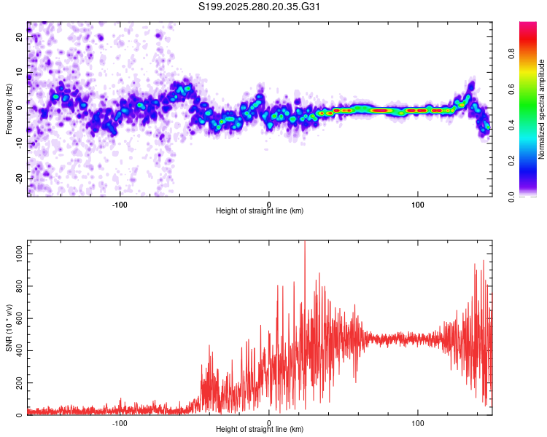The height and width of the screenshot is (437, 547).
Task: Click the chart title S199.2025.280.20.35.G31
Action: tap(260, 7)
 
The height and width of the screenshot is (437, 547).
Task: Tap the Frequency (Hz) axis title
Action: tap(9, 109)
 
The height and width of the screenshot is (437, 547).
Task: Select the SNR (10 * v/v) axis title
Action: tap(9, 328)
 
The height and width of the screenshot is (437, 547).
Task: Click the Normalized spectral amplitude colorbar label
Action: tap(542, 109)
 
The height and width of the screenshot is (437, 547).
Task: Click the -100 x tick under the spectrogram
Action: tap(120, 203)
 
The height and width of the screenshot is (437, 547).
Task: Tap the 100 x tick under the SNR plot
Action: tap(418, 422)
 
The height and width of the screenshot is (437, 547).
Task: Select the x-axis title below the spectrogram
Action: tap(260, 210)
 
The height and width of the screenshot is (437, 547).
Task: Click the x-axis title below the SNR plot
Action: tap(260, 429)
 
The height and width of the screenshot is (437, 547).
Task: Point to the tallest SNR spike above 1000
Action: tap(305, 245)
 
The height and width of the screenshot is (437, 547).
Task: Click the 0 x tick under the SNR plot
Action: tap(269, 422)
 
